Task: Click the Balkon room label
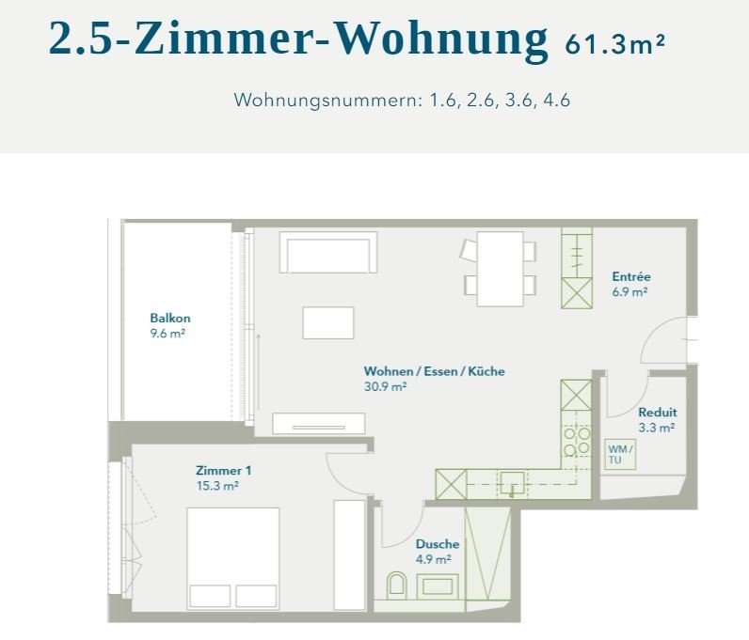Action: (170, 318)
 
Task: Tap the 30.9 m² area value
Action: (386, 386)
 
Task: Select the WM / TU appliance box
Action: (620, 454)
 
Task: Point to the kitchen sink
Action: (512, 483)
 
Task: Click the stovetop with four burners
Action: (577, 442)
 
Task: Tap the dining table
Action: (501, 269)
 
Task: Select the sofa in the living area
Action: (328, 253)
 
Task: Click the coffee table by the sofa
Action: (328, 323)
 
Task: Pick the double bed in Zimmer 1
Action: (232, 558)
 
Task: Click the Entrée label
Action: (631, 276)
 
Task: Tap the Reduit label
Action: (658, 412)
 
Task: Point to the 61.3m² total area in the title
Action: (614, 44)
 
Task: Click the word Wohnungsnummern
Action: (327, 101)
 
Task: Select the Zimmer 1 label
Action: (224, 471)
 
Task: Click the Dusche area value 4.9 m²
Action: (433, 559)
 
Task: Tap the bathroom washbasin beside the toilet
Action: (438, 586)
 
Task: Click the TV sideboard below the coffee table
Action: (319, 424)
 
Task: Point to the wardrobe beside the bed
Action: (349, 555)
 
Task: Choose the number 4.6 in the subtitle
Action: (556, 101)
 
